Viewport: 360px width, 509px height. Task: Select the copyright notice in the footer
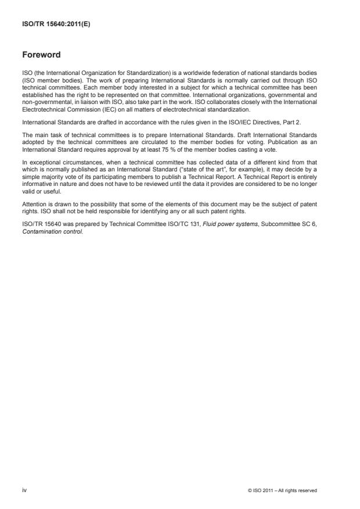point(282,491)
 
